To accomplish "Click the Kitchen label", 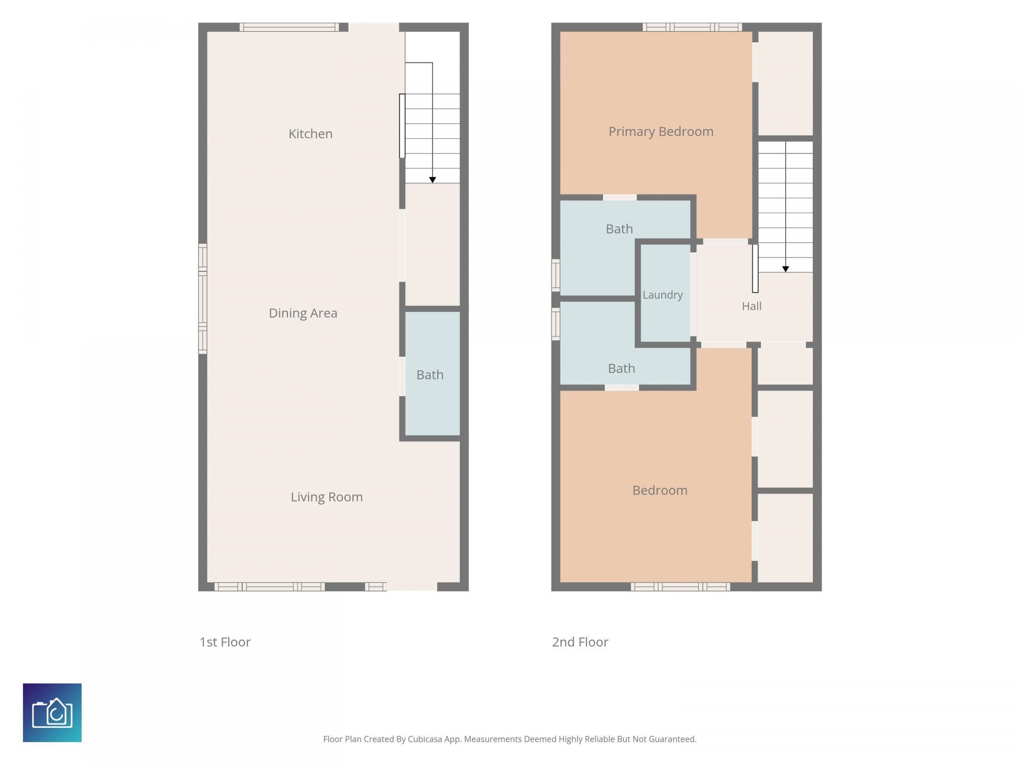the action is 310,134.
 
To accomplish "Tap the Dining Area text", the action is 303,313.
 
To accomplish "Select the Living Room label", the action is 327,497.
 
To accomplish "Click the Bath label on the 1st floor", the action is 430,375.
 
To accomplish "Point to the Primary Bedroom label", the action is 661,132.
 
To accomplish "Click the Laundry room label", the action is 662,295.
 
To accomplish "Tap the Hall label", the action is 752,306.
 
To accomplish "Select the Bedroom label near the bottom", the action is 660,490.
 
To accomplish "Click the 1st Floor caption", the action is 225,642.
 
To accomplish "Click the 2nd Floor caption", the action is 580,642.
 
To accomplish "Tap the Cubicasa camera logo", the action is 52,712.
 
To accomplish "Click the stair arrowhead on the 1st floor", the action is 432,180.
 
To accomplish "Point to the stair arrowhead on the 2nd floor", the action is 785,269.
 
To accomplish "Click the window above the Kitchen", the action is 288,27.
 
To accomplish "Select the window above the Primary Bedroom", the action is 692,27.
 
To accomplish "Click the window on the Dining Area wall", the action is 202,299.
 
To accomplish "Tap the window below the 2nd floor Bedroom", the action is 680,586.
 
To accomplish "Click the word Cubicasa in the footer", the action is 424,739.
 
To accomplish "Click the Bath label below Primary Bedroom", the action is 619,229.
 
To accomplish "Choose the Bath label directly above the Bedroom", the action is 622,369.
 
